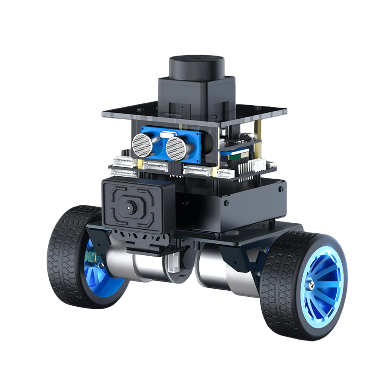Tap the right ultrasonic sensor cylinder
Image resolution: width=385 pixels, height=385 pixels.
point(176,149)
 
